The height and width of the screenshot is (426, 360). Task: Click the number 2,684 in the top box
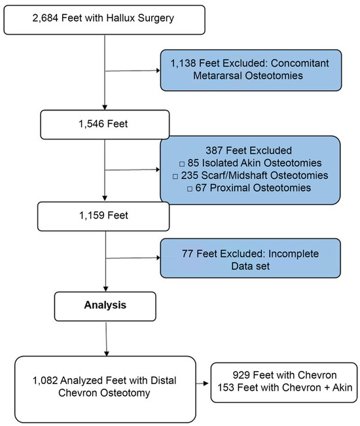[x=45, y=18]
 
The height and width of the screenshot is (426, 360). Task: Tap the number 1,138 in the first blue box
[x=183, y=63]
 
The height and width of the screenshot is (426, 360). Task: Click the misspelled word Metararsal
[x=217, y=75]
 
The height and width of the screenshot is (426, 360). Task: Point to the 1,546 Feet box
[x=105, y=124]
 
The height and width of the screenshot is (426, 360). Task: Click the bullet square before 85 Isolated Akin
[x=182, y=164]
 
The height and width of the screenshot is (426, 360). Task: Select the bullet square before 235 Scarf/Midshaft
[x=175, y=176]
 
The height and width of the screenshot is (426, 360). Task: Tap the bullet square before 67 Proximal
[x=190, y=188]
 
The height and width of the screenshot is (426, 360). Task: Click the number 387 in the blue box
[x=214, y=151]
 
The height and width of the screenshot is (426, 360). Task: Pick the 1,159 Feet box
[x=103, y=216]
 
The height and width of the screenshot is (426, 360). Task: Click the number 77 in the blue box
[x=187, y=254]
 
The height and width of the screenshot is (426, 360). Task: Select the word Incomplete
[x=293, y=254]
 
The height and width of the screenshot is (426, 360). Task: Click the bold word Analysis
[x=105, y=305]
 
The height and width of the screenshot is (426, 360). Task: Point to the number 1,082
[x=45, y=380]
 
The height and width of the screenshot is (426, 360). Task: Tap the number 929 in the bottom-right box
[x=242, y=375]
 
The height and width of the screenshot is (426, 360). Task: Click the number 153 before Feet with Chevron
[x=226, y=387]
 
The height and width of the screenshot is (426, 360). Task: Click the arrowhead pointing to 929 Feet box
[x=206, y=383]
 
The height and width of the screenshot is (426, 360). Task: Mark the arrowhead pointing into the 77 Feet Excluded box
[x=158, y=258]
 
